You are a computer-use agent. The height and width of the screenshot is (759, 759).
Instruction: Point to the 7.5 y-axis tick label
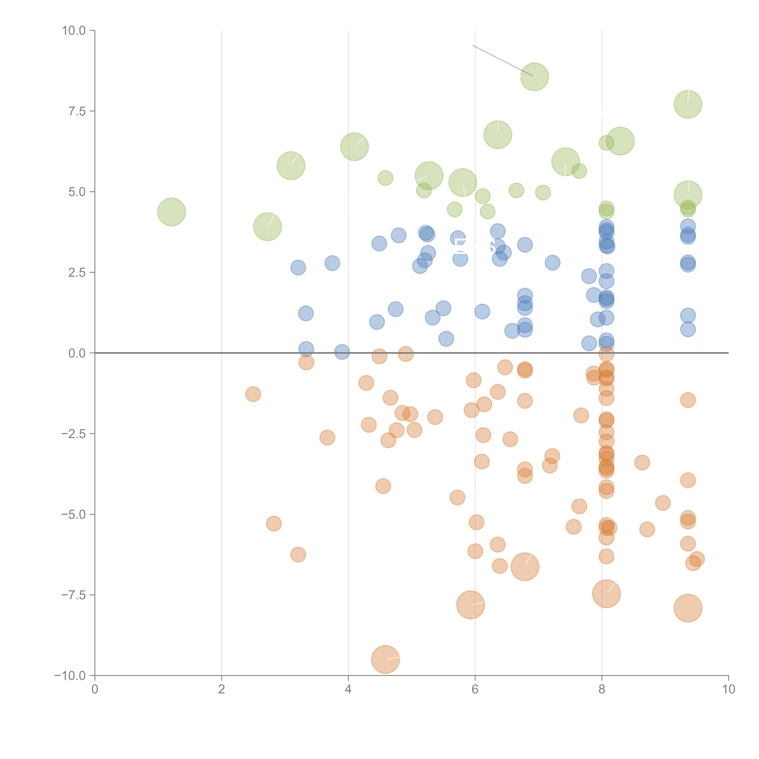77,111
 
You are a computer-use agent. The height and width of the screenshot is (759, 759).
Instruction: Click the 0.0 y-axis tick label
77,353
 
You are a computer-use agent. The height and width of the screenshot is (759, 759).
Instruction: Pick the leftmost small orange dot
253,394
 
